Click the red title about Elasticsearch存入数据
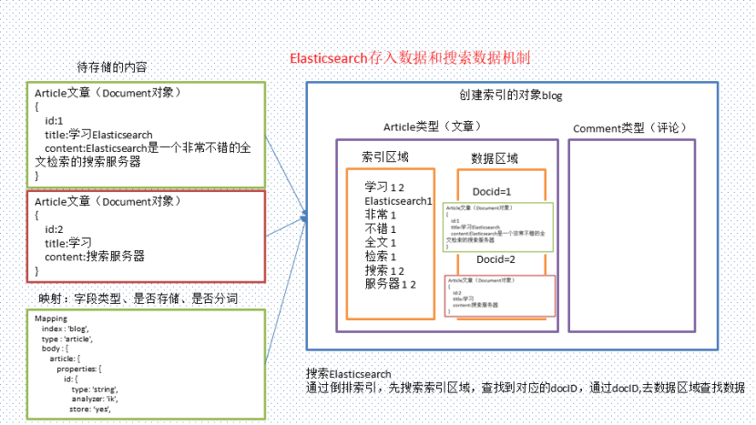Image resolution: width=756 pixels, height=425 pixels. [410, 57]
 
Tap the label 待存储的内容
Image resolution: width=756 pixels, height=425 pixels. [112, 67]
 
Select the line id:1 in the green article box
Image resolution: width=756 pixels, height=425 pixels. [55, 120]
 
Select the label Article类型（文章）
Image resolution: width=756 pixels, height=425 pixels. [433, 127]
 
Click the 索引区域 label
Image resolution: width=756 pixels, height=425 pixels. [385, 157]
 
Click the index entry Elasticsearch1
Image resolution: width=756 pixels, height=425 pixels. [398, 201]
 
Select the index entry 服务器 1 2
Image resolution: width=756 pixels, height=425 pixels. [391, 284]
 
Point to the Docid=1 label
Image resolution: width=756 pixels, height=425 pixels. [493, 191]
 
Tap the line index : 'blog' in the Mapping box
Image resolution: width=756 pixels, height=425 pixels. [65, 329]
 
